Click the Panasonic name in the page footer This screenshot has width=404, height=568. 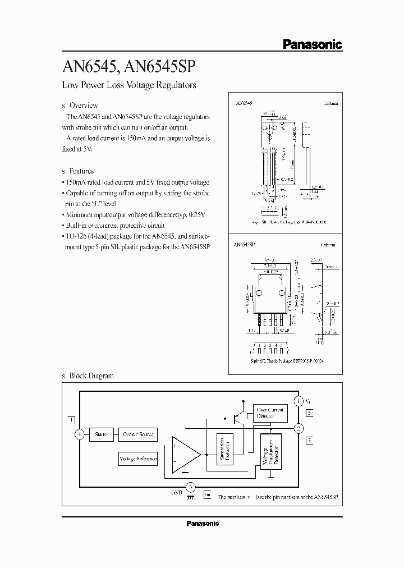pyautogui.click(x=202, y=523)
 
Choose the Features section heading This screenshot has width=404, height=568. pyautogui.click(x=81, y=171)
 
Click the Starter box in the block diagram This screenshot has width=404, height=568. pyautogui.click(x=102, y=434)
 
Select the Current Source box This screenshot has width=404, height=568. pyautogui.click(x=137, y=434)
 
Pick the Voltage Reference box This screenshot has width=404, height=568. pyautogui.click(x=138, y=459)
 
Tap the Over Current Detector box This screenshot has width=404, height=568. pyautogui.click(x=270, y=413)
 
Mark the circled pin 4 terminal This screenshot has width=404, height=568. pyautogui.click(x=80, y=434)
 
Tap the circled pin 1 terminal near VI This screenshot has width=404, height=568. pyautogui.click(x=300, y=401)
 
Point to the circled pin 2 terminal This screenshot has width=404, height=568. pyautogui.click(x=299, y=428)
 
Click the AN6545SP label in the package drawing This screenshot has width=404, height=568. pyautogui.click(x=246, y=245)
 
